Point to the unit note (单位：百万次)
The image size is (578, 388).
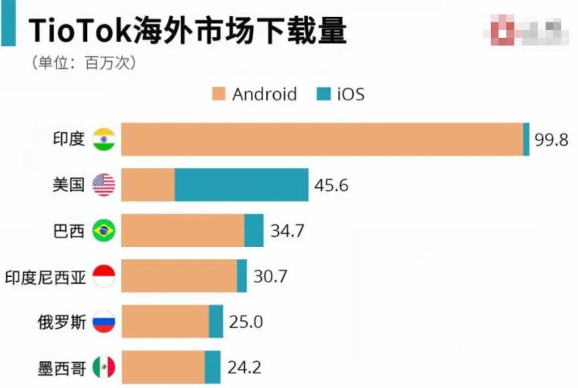pos(84,62)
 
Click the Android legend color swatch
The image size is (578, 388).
pos(218,95)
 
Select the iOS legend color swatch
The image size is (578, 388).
pos(323,95)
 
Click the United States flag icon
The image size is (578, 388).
pos(103,185)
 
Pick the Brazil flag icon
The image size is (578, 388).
pos(103,231)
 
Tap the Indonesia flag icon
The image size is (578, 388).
pos(103,276)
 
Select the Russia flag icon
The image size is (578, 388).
pos(103,321)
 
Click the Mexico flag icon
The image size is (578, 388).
pos(103,366)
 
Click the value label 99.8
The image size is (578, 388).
pos(552,140)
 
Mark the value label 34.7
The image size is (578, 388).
pos(286,231)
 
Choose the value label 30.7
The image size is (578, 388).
pos(270,276)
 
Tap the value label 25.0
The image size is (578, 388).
pos(245,321)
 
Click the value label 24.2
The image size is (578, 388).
pos(242,366)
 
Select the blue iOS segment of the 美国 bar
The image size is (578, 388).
pos(242,185)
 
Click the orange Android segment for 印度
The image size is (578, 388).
pos(322,140)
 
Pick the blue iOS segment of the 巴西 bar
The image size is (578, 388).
pos(254,231)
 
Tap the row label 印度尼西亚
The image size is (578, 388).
pos(44,276)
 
